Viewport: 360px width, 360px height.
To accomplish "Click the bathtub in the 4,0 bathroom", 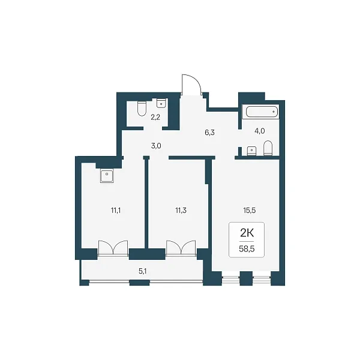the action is (x=262, y=112).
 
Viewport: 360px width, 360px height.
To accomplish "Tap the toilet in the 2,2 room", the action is (x=142, y=109).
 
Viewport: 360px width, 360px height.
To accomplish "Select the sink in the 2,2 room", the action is (x=161, y=103).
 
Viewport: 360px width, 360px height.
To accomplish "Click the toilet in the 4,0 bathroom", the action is (x=268, y=148).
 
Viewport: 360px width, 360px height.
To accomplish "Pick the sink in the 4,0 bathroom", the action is (x=251, y=151).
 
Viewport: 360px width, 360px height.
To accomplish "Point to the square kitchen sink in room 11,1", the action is (x=107, y=176).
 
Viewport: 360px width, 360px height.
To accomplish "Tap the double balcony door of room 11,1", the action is (x=113, y=248).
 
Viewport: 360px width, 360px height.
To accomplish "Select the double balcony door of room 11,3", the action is (x=181, y=248).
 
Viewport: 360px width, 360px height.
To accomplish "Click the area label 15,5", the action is (x=250, y=211).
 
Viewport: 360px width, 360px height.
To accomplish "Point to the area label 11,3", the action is (x=181, y=211).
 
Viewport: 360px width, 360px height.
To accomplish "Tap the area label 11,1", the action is (x=116, y=211).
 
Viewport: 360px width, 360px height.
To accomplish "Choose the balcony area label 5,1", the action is (x=143, y=271).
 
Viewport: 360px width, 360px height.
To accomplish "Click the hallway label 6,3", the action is (x=209, y=133).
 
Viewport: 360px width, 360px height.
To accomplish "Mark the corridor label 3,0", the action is (x=156, y=146).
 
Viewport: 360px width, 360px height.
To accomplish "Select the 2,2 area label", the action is (x=155, y=118).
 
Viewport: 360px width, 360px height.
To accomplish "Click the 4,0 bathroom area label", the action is (x=260, y=131).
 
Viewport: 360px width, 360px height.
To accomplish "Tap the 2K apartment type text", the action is (x=247, y=233).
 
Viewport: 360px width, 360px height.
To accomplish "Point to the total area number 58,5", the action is (x=247, y=249).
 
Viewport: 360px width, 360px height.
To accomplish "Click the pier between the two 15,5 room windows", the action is (x=246, y=278).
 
